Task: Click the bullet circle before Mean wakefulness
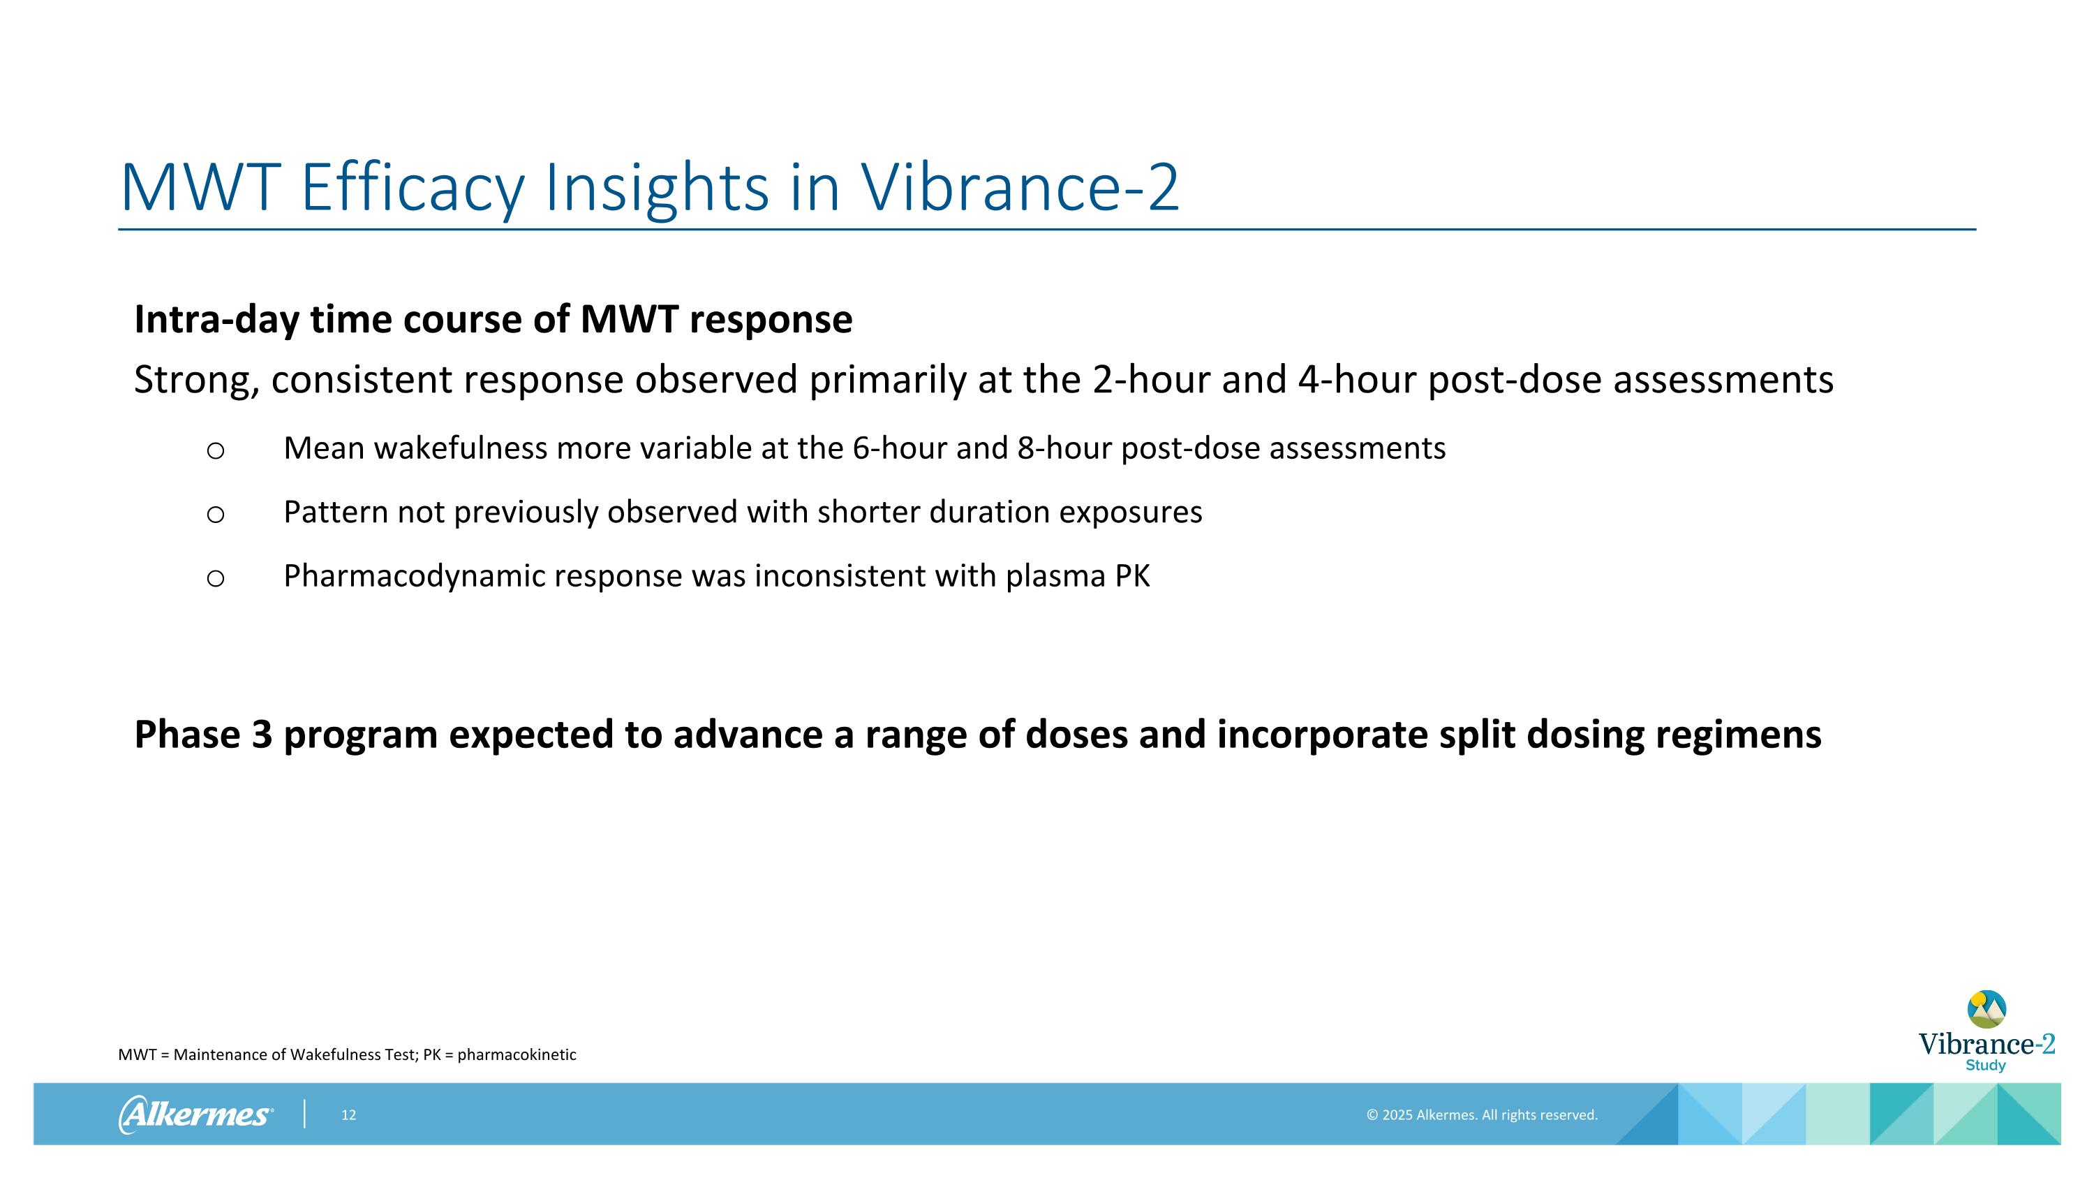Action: (x=216, y=450)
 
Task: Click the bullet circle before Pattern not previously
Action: (x=216, y=515)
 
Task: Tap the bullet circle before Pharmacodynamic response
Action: (x=216, y=578)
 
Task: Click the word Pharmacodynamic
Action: (x=415, y=576)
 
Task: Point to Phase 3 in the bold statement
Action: (x=203, y=734)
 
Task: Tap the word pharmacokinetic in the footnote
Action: (x=517, y=1055)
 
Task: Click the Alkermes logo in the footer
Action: (x=195, y=1114)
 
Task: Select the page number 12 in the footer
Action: (x=349, y=1115)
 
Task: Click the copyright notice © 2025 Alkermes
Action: (x=1481, y=1115)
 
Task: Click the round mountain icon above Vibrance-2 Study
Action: (x=1986, y=1009)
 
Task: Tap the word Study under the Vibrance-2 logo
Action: (x=1985, y=1066)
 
